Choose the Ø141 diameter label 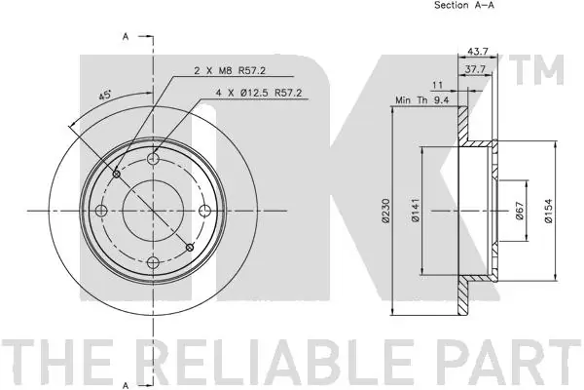[x=415, y=210]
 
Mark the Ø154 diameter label [x=549, y=210]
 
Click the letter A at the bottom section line [x=126, y=381]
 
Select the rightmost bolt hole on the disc [x=204, y=210]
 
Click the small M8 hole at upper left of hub [x=117, y=175]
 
